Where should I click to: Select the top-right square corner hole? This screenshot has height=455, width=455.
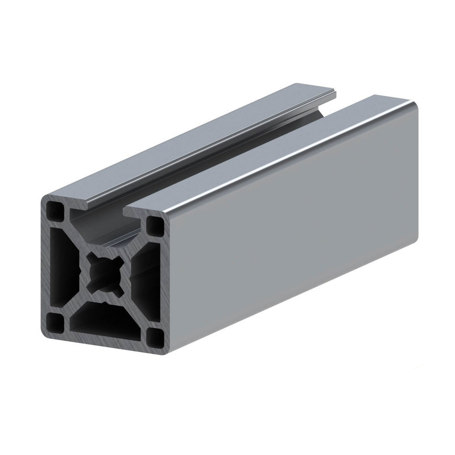point(154,227)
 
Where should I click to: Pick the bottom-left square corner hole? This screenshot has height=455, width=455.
point(55,322)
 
